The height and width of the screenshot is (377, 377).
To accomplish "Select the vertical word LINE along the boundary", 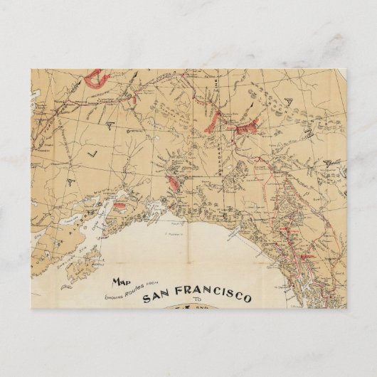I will tap(213, 107).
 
